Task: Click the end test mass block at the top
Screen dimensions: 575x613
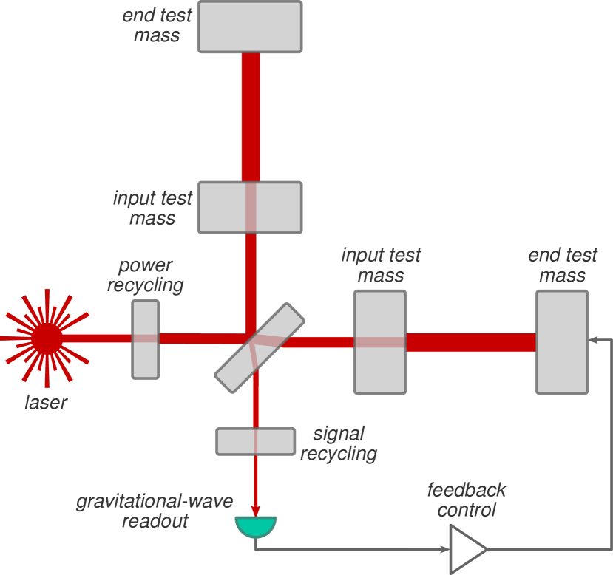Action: pos(250,27)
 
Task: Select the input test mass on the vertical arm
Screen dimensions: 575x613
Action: pos(250,207)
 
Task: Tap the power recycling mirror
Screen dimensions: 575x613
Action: pos(146,339)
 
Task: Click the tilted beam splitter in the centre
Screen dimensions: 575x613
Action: pos(260,348)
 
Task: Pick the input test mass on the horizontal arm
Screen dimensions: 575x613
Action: pos(380,341)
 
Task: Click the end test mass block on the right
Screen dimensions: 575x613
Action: pos(562,341)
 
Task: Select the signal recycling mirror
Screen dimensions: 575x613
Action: pos(255,441)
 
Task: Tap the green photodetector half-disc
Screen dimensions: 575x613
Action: pos(255,525)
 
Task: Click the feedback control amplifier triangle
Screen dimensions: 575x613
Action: pos(467,549)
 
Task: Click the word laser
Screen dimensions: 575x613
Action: pos(46,403)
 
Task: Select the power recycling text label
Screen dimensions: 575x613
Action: pos(146,275)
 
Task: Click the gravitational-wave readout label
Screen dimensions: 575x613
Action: pos(155,511)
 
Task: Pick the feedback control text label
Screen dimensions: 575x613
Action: pos(467,500)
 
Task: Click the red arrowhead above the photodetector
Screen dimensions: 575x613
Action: pos(255,511)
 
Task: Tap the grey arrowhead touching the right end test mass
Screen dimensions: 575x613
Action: pos(593,339)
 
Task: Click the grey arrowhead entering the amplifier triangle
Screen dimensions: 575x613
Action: pos(445,549)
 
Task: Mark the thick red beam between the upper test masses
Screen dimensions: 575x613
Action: pos(251,117)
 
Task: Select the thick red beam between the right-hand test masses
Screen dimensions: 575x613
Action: pos(471,342)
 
